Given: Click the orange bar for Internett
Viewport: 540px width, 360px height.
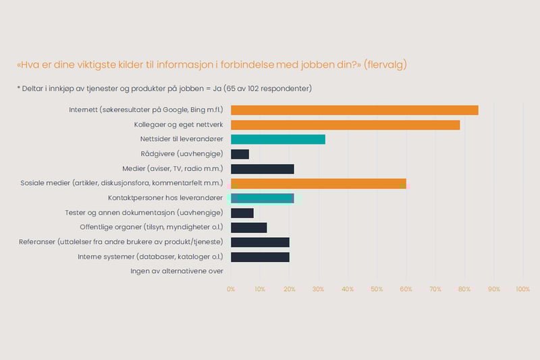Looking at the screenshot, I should (x=354, y=110).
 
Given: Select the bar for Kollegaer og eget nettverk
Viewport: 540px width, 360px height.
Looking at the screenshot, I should (x=345, y=125).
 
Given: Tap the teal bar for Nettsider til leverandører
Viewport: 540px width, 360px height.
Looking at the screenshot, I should (x=278, y=139).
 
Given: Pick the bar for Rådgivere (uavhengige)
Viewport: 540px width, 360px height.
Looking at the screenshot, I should (x=240, y=154).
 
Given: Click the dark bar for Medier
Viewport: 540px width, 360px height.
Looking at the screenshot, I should (x=263, y=169).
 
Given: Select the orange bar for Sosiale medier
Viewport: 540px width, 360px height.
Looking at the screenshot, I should (x=318, y=184).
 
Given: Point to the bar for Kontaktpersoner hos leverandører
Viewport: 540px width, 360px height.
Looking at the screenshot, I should (x=263, y=198).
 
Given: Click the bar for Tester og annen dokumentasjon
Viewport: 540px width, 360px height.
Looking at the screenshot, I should (x=242, y=213).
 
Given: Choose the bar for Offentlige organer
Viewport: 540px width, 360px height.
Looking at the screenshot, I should (x=249, y=228).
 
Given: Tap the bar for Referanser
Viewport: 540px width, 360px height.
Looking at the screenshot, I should (x=260, y=242).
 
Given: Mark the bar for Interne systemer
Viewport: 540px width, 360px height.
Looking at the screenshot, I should (x=260, y=257).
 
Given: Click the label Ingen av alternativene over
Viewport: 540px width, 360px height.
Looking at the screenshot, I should (x=177, y=272).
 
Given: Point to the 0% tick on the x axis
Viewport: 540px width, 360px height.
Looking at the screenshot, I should (x=231, y=289).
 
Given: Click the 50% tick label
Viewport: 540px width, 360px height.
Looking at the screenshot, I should (x=377, y=289).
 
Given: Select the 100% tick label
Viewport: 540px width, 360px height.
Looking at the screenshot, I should (x=522, y=289).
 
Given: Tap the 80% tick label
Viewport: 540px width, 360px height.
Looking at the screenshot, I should (x=464, y=289).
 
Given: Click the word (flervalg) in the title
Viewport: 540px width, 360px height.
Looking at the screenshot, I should (x=385, y=66).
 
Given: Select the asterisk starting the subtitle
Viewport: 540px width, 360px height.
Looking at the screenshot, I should (x=18, y=88).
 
